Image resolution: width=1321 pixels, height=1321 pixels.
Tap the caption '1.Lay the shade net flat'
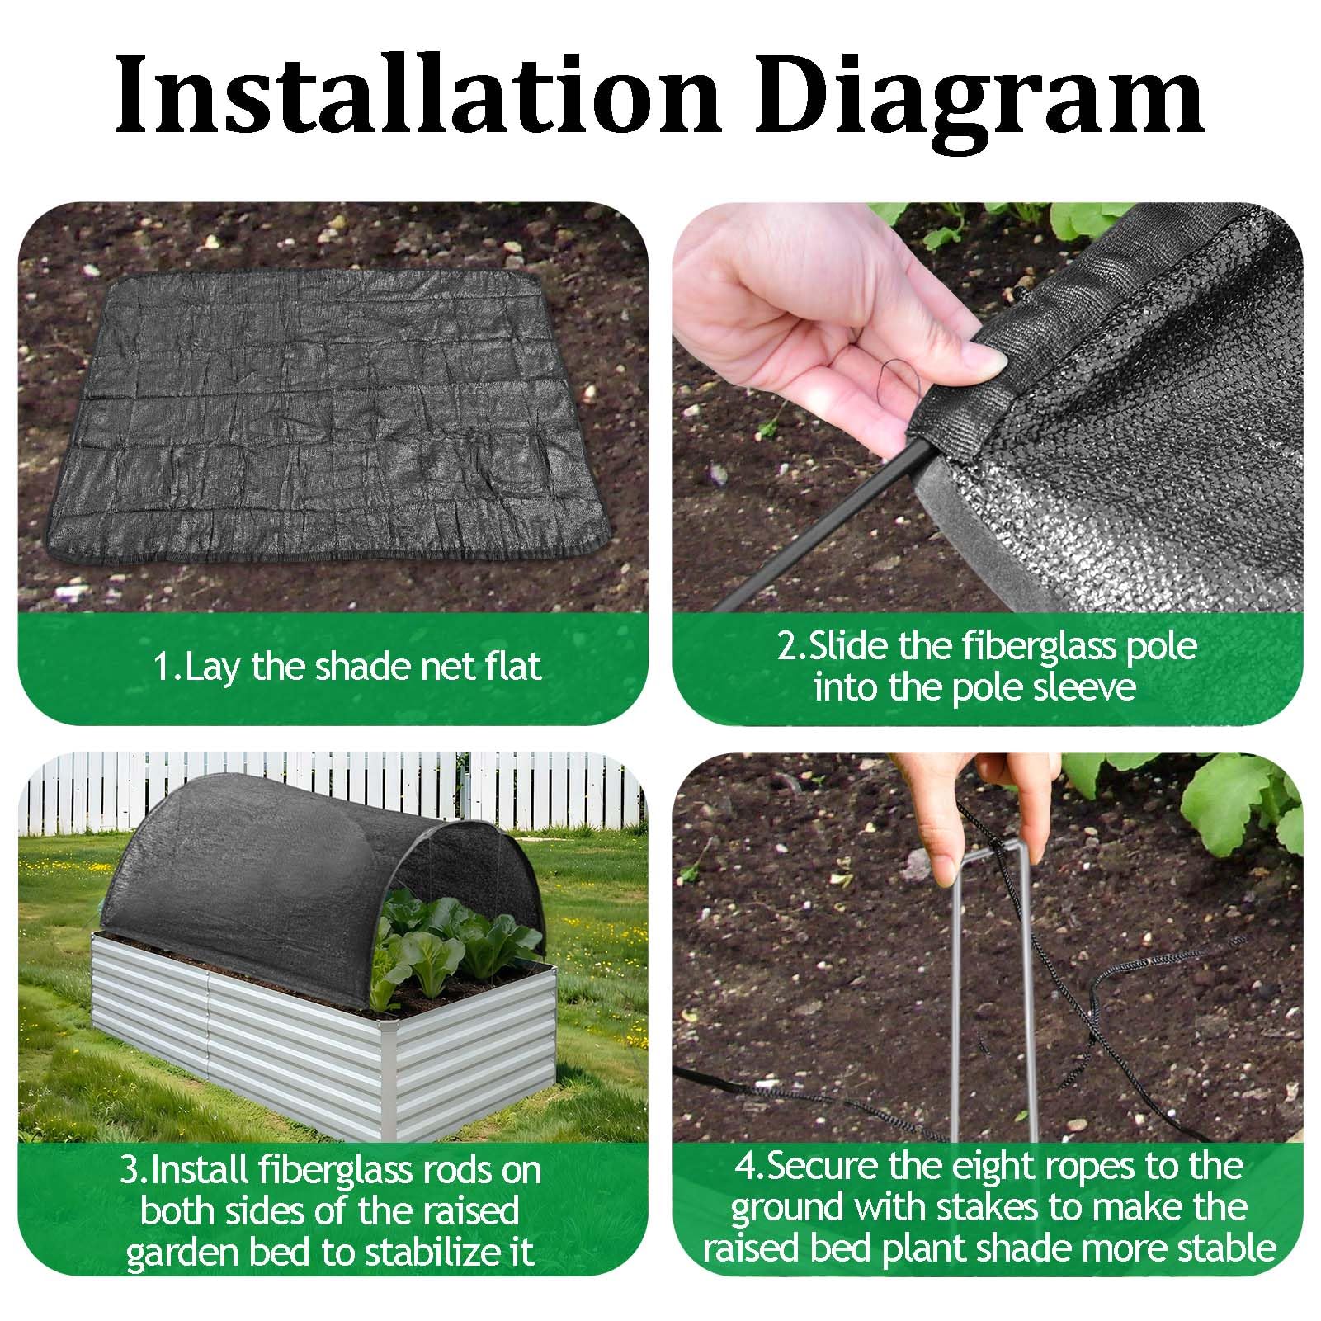point(347,666)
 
